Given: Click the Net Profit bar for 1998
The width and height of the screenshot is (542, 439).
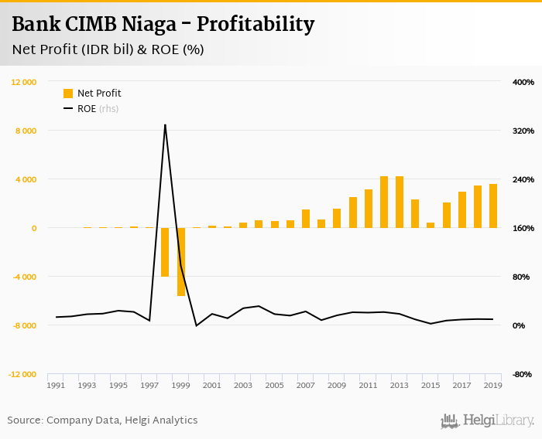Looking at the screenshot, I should point(165,252).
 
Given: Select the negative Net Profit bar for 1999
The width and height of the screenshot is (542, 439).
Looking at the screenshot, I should point(181,262).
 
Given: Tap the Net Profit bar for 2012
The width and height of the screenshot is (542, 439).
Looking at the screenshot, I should point(384,202).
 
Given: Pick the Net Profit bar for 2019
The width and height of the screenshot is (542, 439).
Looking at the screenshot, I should point(493,206).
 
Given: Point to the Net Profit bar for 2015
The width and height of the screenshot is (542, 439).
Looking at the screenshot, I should point(431,225).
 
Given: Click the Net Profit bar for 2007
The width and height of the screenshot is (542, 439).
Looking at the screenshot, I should point(306,219).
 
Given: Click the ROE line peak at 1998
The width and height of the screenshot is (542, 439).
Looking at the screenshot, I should point(165,124).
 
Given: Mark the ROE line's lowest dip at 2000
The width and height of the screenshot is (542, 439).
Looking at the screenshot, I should point(197,325).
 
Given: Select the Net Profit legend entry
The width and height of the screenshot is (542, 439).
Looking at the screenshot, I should point(92,94).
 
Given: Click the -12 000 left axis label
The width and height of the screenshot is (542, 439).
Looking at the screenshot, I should point(23,374).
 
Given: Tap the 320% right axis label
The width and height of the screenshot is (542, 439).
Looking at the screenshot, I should point(523,131).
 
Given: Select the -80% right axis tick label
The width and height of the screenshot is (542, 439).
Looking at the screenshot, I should point(523,374).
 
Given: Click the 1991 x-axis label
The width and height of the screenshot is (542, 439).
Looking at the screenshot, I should point(56,385).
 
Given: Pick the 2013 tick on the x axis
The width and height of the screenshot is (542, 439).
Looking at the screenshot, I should point(400,385).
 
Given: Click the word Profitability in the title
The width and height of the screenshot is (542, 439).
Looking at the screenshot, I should point(256,25).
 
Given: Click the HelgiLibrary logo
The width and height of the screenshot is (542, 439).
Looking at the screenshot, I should point(488,420).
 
